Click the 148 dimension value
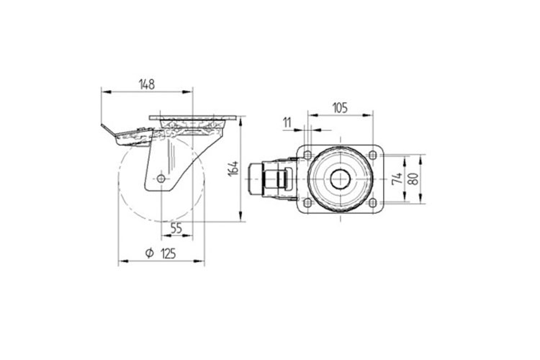click(147, 84)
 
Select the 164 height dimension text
click(233, 168)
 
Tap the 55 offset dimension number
click(176, 228)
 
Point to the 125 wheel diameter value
click(168, 253)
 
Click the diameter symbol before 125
click(149, 253)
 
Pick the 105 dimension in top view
click(340, 108)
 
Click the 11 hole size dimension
click(287, 122)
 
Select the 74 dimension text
click(397, 178)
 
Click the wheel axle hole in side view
click(161, 178)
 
